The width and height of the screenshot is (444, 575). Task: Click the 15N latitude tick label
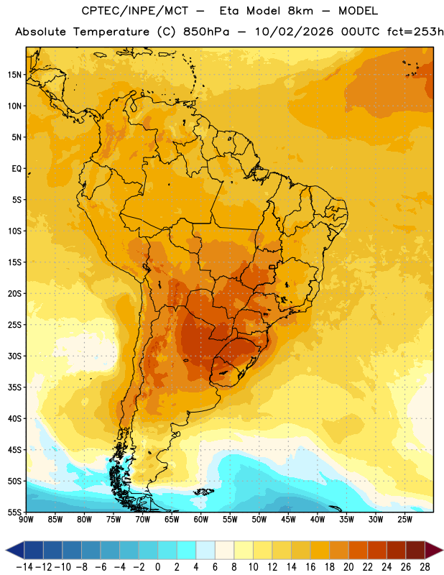point(14,75)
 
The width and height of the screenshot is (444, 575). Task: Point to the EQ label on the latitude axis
point(17,169)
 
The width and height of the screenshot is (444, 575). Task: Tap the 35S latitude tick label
point(14,387)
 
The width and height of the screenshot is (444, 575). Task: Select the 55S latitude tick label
point(14,512)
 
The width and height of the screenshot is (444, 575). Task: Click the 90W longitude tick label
point(26,520)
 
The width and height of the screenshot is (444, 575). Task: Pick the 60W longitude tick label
point(201,520)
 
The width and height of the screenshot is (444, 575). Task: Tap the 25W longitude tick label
point(404,520)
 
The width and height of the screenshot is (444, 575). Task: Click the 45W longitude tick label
point(288,520)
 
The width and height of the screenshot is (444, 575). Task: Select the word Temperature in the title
point(111,32)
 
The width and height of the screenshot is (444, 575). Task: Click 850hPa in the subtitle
point(206,32)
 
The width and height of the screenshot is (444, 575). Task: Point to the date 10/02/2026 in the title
point(295,32)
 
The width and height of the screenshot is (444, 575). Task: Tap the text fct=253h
point(415,32)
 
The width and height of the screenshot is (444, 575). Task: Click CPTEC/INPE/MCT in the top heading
point(134,11)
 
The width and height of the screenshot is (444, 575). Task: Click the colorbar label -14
point(25,567)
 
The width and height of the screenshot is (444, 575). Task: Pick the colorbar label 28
point(425,567)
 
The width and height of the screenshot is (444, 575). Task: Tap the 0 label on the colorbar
point(157,567)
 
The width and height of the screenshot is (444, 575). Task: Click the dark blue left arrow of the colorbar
point(15,550)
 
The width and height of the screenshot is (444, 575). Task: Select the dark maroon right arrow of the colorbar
point(434,550)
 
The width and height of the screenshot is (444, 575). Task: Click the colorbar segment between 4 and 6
point(205,550)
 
